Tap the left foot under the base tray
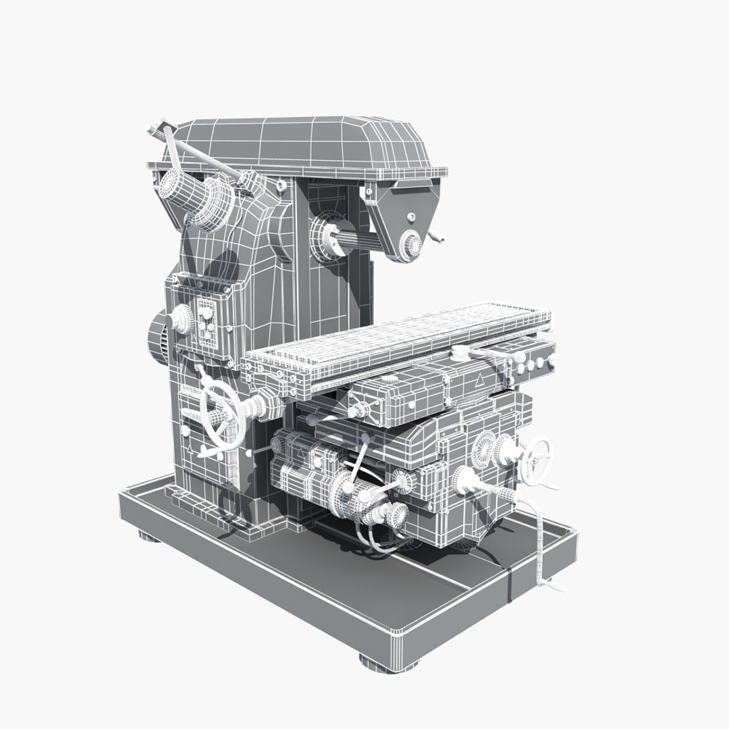[x=145, y=536]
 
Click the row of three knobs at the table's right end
[x=530, y=364]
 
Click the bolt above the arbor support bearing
[x=411, y=217]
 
